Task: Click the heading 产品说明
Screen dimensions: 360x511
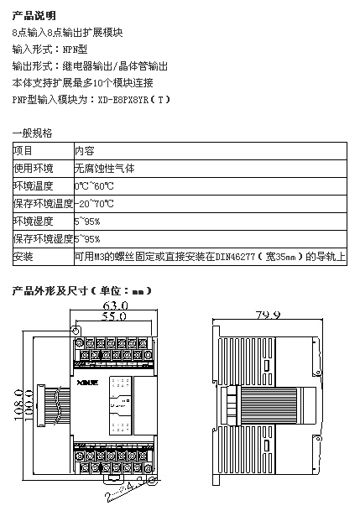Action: pyautogui.click(x=34, y=15)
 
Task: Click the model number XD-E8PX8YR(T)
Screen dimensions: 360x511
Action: pyautogui.click(x=134, y=99)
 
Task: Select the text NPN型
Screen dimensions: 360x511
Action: pyautogui.click(x=75, y=50)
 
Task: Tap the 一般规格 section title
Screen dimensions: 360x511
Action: pyautogui.click(x=32, y=133)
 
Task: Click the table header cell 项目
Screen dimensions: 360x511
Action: pyautogui.click(x=23, y=151)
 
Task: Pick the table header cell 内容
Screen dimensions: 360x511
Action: pyautogui.click(x=85, y=151)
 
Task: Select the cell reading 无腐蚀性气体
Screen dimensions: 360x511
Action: pyautogui.click(x=104, y=169)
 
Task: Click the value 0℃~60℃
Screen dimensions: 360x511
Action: pyautogui.click(x=94, y=186)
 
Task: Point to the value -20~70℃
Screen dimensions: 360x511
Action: pyautogui.click(x=94, y=204)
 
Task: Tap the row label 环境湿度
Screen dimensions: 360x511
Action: pyautogui.click(x=33, y=222)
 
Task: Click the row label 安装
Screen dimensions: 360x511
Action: pyautogui.click(x=23, y=257)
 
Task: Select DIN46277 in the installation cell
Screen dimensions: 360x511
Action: pyautogui.click(x=235, y=257)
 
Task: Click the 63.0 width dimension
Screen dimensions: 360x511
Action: pyautogui.click(x=115, y=305)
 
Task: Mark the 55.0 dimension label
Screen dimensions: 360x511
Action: pyautogui.click(x=113, y=315)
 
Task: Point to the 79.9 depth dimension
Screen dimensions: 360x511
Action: pyautogui.click(x=268, y=315)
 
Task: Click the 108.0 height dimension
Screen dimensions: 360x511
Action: pyautogui.click(x=19, y=404)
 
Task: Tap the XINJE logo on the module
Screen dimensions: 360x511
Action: pyautogui.click(x=87, y=383)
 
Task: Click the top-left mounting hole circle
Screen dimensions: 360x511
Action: pyautogui.click(x=76, y=331)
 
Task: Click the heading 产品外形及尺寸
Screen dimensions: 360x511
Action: pyautogui.click(x=50, y=290)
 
